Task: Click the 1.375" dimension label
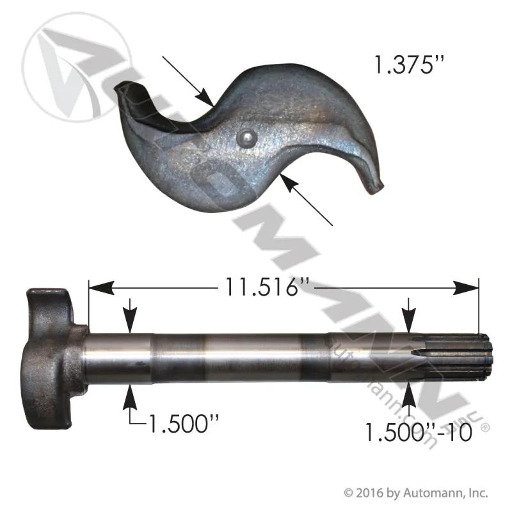point(410,64)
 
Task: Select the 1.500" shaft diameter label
point(184,423)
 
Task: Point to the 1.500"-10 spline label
point(419,433)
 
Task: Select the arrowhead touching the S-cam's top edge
point(205,98)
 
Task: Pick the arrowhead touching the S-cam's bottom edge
point(289,182)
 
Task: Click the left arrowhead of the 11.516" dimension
point(102,287)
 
